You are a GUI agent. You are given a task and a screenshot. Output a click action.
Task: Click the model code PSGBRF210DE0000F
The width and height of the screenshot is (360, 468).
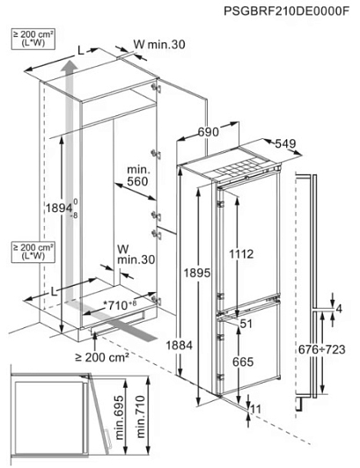(x=286, y=11)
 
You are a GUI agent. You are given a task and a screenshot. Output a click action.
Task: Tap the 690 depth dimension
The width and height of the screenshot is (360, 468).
(x=209, y=131)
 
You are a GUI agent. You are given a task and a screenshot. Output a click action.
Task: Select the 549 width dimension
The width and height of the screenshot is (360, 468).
(x=285, y=143)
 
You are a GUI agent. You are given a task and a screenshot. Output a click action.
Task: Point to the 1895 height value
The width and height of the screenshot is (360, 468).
(x=197, y=273)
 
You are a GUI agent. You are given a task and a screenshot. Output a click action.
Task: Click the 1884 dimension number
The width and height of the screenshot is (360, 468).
(x=180, y=346)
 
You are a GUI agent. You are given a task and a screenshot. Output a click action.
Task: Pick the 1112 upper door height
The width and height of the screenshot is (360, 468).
(x=241, y=254)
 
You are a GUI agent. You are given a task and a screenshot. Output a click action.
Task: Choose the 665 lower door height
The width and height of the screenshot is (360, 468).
(x=243, y=362)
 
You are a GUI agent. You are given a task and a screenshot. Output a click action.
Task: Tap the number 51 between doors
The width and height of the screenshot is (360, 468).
(x=246, y=324)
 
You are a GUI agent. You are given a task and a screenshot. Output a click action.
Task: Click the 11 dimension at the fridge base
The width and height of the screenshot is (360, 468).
(x=256, y=409)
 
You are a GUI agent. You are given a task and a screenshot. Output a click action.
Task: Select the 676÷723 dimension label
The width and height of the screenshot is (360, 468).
(x=322, y=349)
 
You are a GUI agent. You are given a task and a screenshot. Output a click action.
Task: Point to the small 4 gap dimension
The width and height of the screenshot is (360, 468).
(x=339, y=310)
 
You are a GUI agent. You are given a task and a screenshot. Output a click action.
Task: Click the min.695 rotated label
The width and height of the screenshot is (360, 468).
(x=119, y=418)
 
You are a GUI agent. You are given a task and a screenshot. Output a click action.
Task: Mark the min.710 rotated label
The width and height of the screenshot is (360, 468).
(x=140, y=417)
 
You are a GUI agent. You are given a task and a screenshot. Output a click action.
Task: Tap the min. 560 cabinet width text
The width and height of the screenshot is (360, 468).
(x=137, y=176)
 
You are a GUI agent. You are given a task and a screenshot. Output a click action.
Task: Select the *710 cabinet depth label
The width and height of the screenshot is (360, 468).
(x=120, y=304)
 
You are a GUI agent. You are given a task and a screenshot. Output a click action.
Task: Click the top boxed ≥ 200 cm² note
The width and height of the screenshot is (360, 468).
(x=33, y=39)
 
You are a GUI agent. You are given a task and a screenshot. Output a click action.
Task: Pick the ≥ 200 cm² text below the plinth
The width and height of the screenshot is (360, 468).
(x=102, y=356)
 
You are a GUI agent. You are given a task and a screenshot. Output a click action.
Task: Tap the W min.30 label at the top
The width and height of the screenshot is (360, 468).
(x=159, y=45)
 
